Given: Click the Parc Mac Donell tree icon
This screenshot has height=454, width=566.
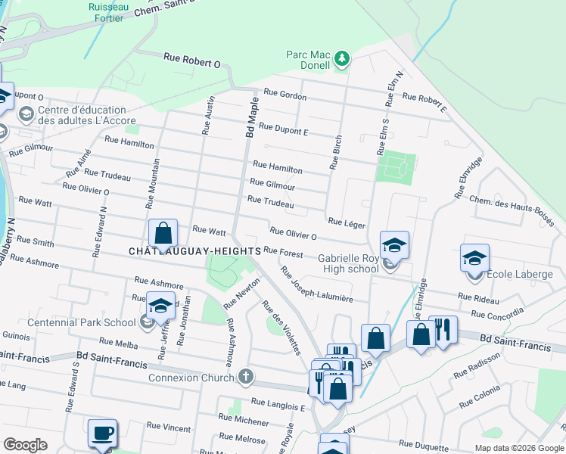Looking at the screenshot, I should tap(342, 58).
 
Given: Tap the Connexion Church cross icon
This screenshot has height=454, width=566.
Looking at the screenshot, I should tap(244, 376).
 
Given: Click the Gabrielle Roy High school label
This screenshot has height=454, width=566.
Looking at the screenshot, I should tap(338, 263).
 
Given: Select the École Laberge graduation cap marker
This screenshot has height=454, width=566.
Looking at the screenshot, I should tap(474, 258).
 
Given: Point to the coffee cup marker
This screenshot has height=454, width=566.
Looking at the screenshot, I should tap(102, 434).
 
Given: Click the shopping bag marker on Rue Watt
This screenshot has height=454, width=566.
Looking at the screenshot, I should tap(163, 233).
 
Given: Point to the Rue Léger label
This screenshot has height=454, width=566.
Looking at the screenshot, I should tap(347, 223).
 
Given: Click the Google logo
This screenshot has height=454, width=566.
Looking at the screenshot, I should tap(26, 445).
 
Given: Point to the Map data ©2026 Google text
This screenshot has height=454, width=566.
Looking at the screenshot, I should tap(518, 448).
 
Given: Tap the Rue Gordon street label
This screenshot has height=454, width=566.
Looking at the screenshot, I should tap(285, 95).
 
